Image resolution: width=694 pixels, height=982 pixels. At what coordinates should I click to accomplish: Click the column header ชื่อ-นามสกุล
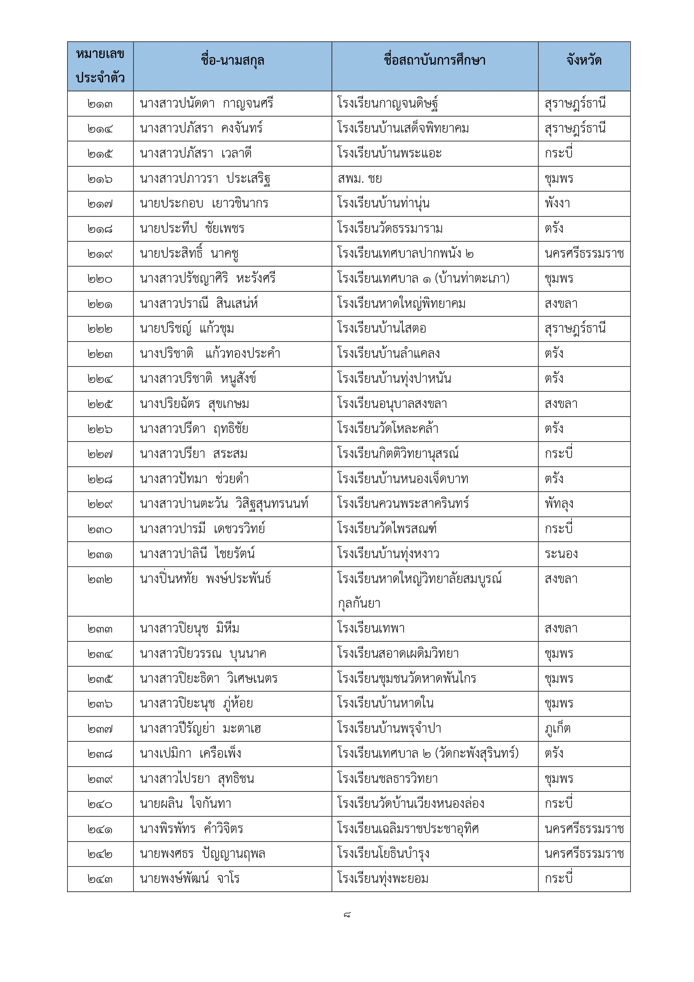[x=232, y=61]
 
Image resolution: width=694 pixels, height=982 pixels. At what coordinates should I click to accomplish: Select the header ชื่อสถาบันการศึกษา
[x=435, y=61]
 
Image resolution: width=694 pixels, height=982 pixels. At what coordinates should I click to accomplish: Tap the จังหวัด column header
[x=584, y=61]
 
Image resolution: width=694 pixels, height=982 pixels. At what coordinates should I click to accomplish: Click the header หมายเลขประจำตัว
[x=100, y=66]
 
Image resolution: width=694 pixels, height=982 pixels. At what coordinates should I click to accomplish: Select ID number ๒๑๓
[x=100, y=104]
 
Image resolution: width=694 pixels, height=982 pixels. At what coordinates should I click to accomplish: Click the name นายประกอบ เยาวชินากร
[x=204, y=204]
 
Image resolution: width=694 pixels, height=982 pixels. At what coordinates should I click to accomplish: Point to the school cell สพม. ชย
[x=360, y=179]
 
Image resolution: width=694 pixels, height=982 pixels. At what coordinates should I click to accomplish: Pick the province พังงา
[x=557, y=204]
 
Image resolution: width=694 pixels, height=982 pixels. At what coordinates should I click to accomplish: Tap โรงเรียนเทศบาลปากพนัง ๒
[x=405, y=254]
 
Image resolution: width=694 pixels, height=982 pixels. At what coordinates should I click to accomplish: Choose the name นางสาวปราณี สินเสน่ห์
[x=199, y=304]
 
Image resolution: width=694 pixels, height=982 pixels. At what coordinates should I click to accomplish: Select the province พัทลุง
[x=558, y=504]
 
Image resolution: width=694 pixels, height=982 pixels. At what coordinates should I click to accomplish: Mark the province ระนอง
[x=561, y=554]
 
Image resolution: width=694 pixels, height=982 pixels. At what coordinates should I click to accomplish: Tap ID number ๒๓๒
[x=100, y=579]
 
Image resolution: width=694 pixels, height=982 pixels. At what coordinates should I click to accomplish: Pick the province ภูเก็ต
[x=557, y=729]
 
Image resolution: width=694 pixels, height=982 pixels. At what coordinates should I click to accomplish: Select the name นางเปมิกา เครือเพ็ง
[x=190, y=754]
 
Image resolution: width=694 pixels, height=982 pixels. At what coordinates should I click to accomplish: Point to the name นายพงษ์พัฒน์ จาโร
[x=189, y=879]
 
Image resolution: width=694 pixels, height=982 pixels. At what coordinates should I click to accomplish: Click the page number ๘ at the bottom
[x=347, y=915]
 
